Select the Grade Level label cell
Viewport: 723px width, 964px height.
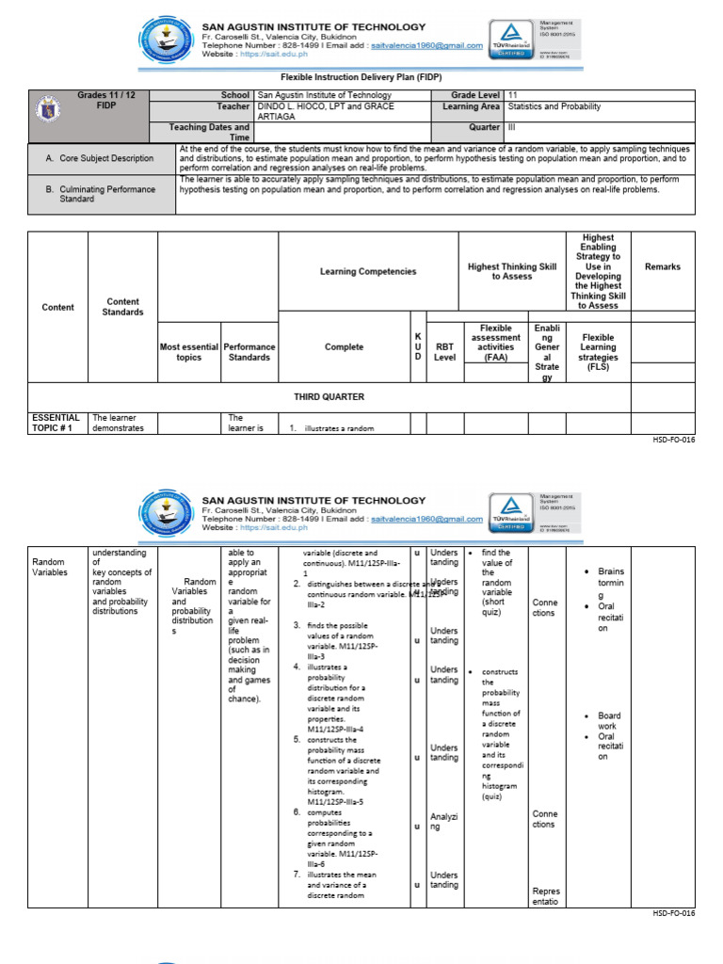click(475, 95)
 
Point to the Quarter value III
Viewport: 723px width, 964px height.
click(513, 127)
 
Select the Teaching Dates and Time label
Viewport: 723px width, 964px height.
click(209, 132)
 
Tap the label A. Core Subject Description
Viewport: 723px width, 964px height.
click(100, 158)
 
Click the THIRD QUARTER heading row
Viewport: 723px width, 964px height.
click(329, 397)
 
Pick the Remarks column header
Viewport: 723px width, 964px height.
click(662, 267)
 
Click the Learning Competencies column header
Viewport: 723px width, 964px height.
click(367, 271)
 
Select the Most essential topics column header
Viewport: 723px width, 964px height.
click(188, 352)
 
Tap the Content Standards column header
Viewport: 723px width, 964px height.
click(122, 307)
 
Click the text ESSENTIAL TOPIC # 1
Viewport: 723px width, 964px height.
click(56, 422)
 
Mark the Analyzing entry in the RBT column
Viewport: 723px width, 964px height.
click(442, 822)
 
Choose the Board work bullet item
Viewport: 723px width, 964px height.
click(609, 721)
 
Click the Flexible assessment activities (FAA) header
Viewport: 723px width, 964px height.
click(496, 343)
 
